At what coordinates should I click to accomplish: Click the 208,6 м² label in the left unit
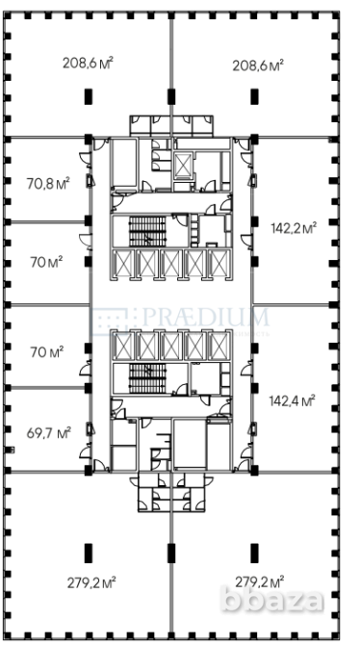tap(89, 64)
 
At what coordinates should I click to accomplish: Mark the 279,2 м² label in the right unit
tap(259, 582)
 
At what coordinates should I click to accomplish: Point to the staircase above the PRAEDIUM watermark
tap(147, 231)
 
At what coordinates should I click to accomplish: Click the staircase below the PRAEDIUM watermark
tap(147, 377)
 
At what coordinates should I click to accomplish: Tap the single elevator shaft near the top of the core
tap(182, 162)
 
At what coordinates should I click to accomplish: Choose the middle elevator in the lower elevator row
tap(172, 347)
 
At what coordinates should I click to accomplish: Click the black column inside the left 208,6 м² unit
tap(90, 96)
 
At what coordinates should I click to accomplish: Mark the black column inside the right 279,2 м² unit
tap(256, 551)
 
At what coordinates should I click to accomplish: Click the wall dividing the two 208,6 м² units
tap(173, 67)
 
